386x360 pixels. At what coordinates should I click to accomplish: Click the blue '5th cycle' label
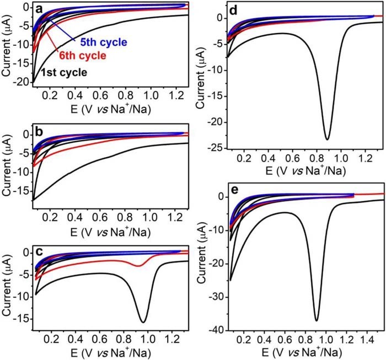104,42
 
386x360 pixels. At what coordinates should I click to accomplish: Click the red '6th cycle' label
83,56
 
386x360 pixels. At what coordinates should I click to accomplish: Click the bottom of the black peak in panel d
327,139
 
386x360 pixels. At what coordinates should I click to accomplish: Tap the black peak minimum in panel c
143,322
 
